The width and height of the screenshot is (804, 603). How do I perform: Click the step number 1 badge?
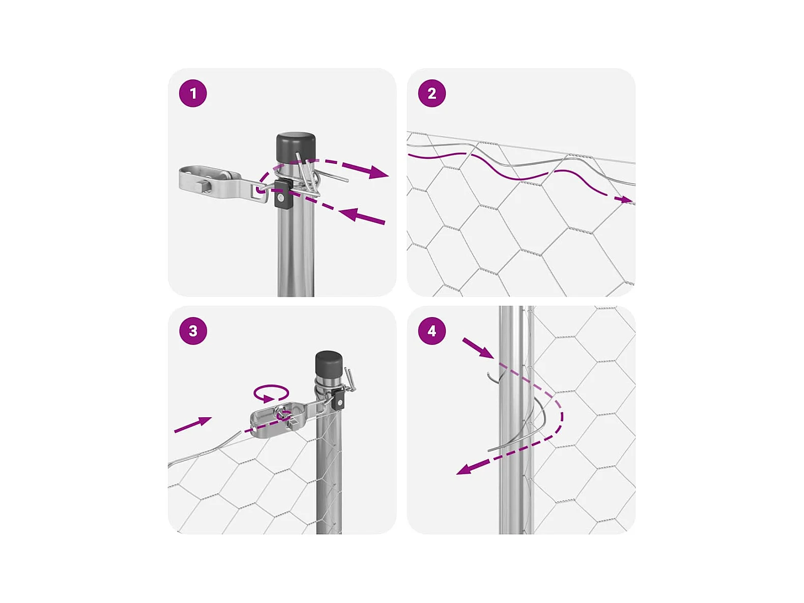click(x=193, y=93)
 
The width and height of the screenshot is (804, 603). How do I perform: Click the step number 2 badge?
click(x=432, y=93)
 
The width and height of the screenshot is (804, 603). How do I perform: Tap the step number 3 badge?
click(x=193, y=331)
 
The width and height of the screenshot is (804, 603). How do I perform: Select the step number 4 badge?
click(x=432, y=331)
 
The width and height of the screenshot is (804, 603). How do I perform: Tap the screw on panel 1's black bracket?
click(x=280, y=198)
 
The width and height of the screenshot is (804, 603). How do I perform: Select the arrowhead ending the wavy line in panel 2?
click(x=624, y=199)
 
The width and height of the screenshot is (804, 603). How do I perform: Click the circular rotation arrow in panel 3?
click(x=271, y=393)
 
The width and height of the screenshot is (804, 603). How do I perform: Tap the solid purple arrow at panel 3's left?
click(x=193, y=425)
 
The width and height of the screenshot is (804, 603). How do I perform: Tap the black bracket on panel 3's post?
click(x=339, y=399)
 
